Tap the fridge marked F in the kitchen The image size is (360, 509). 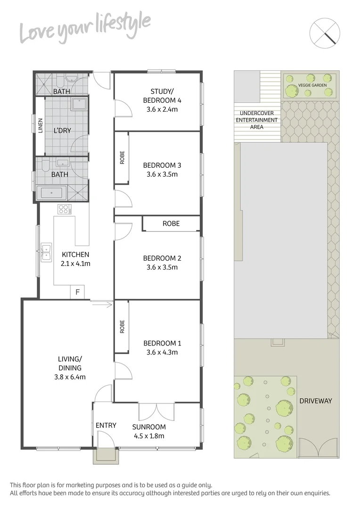(77, 292)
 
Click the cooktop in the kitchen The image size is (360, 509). (64, 209)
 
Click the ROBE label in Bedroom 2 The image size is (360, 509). (171, 223)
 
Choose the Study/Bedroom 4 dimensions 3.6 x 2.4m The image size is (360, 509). (162, 109)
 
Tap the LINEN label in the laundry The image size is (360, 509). (40, 126)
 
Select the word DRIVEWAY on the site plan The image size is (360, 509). (316, 401)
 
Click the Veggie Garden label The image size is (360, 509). (309, 86)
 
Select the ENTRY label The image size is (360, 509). (106, 426)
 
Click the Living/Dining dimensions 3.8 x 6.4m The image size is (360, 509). (70, 377)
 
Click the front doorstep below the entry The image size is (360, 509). (103, 456)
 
